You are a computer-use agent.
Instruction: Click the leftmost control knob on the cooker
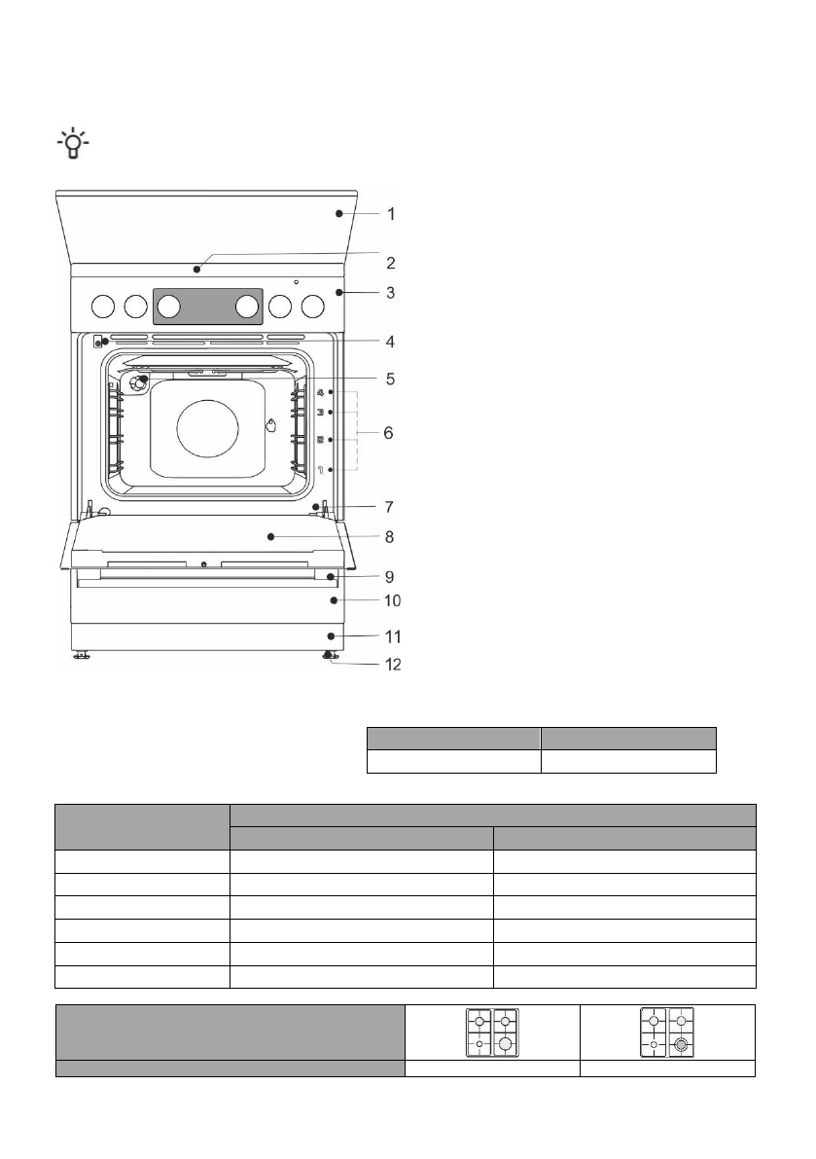coord(102,308)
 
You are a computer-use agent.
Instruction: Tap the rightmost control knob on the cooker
coord(312,308)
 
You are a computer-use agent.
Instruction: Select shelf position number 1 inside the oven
coord(320,469)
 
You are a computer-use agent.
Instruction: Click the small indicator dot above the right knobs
coord(296,282)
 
